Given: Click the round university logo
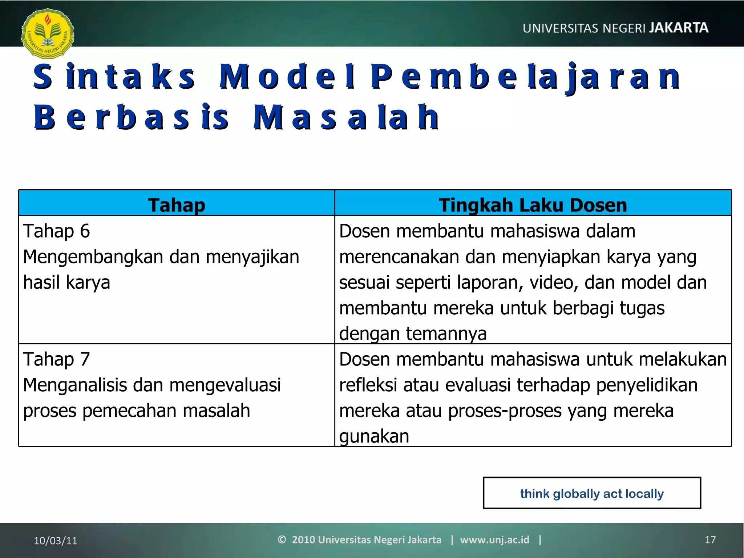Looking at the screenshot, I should [x=48, y=34].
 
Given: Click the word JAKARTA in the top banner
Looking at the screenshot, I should [x=678, y=28].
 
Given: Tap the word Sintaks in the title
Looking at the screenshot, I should [x=114, y=77].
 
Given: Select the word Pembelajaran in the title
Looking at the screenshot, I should [x=525, y=77].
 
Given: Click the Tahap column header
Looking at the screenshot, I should [x=177, y=205].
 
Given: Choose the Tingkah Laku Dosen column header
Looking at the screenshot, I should [x=533, y=205].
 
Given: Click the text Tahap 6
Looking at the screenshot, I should [x=56, y=231].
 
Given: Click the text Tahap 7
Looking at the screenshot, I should [x=56, y=359].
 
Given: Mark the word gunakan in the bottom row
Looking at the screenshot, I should [x=374, y=436].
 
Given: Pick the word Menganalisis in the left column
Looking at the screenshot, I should [x=74, y=385].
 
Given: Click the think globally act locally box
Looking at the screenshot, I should [x=591, y=493].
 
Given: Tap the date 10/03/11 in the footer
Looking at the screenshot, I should [x=56, y=541].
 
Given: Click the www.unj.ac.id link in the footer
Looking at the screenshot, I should [x=494, y=540].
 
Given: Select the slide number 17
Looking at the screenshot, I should [x=710, y=540].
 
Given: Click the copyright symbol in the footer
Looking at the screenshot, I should [x=282, y=540].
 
